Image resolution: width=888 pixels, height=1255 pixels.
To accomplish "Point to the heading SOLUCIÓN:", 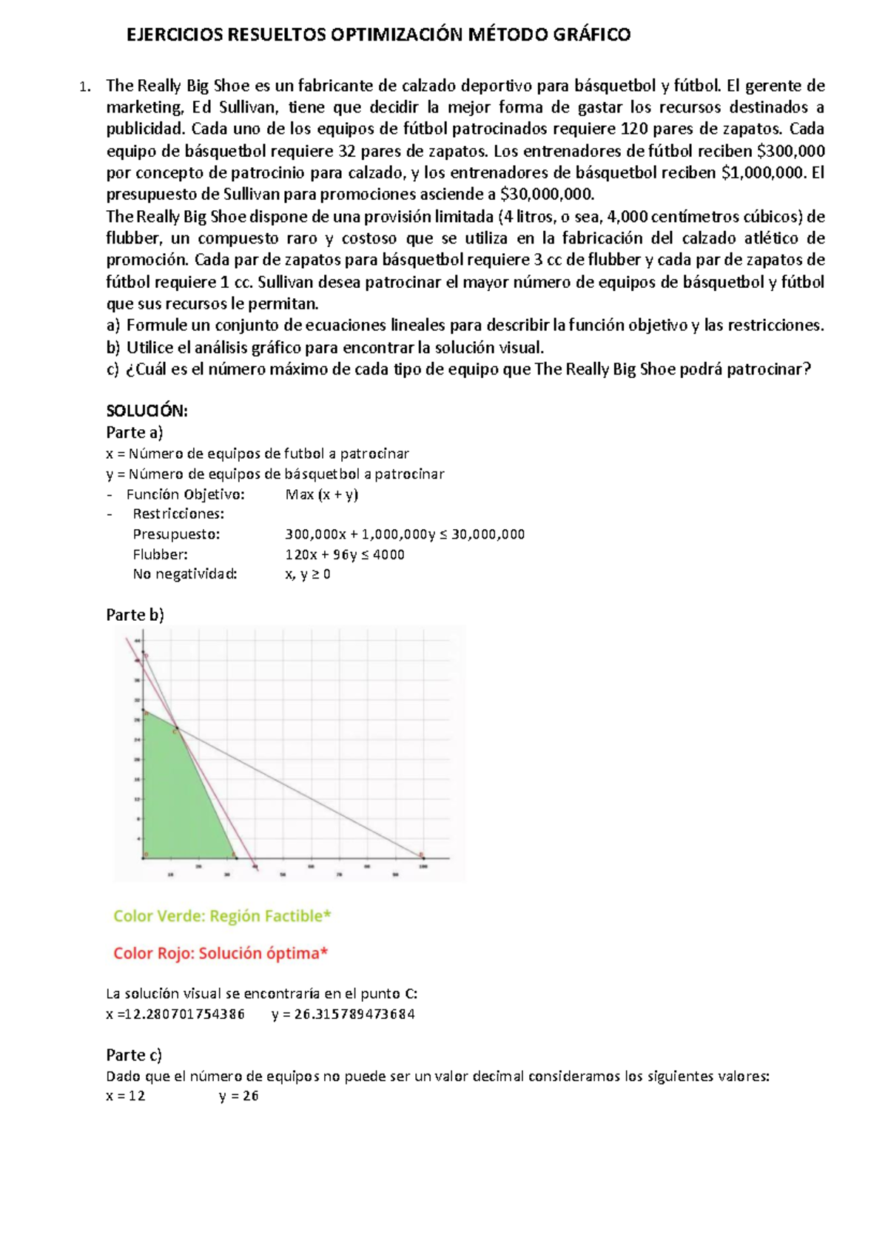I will [147, 411].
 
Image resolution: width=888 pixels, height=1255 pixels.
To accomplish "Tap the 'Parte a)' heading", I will [134, 432].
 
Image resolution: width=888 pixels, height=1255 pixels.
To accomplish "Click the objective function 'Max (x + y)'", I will [321, 494].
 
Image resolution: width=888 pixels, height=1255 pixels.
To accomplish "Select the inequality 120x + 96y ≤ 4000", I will [344, 554].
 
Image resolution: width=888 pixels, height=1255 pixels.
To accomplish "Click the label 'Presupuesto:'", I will [176, 534].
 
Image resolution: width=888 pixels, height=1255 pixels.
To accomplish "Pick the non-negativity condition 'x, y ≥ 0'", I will [307, 574].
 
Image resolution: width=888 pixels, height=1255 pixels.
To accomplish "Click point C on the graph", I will [176, 731].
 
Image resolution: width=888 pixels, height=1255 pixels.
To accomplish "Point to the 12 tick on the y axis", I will [137, 798].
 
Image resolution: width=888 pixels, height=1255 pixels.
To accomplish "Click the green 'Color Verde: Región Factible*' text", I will [222, 916].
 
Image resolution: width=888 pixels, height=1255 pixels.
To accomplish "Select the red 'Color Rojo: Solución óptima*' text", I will [220, 953].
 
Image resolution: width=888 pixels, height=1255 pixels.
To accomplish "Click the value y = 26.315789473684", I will [343, 1015].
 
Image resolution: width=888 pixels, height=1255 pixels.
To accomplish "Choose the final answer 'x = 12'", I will [126, 1096].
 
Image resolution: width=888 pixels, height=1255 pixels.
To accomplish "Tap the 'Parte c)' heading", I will [134, 1054].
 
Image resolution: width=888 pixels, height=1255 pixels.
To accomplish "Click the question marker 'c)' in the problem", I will [112, 369].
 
